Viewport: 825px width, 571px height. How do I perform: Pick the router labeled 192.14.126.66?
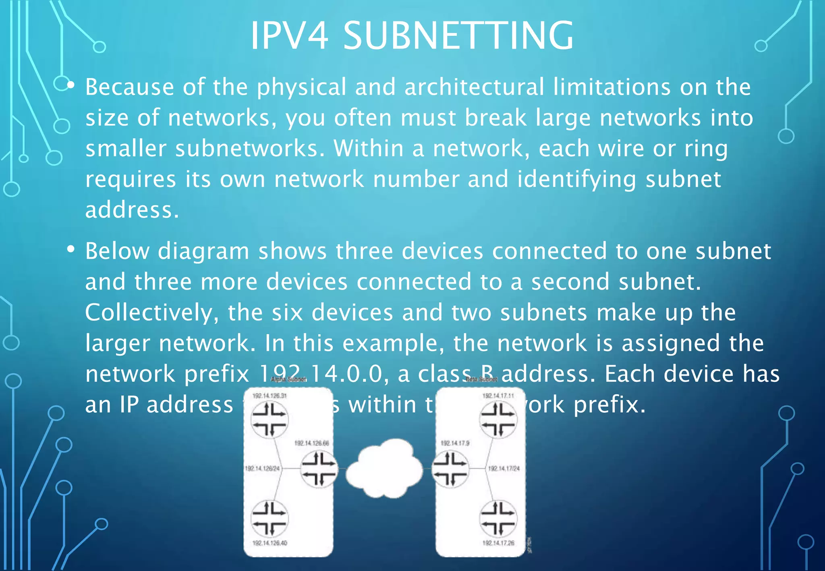coord(319,469)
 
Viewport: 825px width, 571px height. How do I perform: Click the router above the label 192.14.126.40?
coord(269,519)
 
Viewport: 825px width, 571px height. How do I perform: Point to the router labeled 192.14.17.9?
coord(450,469)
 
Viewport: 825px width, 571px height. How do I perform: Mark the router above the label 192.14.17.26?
coord(498,519)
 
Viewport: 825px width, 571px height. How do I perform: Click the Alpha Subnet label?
coord(288,379)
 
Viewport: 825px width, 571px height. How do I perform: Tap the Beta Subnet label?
coord(481,379)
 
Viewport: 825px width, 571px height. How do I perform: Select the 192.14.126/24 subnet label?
coord(262,469)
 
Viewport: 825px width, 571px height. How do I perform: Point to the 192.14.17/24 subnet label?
coord(504,469)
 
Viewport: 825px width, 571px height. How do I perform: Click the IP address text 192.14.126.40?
coord(269,543)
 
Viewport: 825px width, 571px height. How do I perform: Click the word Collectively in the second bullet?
coord(152,312)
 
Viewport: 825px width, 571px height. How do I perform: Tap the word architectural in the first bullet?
coord(474,87)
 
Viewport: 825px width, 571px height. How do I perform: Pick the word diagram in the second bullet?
coord(203,251)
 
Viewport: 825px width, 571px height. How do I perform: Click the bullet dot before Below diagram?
coord(71,250)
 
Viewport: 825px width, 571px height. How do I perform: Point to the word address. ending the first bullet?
coord(132,210)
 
